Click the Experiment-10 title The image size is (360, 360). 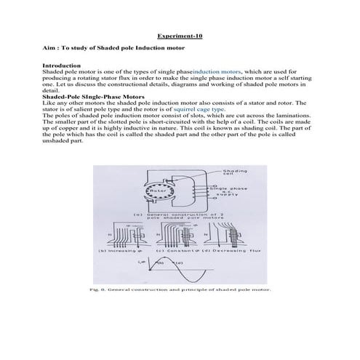(180, 35)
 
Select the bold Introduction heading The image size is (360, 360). (63, 66)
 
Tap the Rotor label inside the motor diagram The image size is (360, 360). (158, 192)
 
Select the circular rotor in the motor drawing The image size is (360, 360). (158, 193)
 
